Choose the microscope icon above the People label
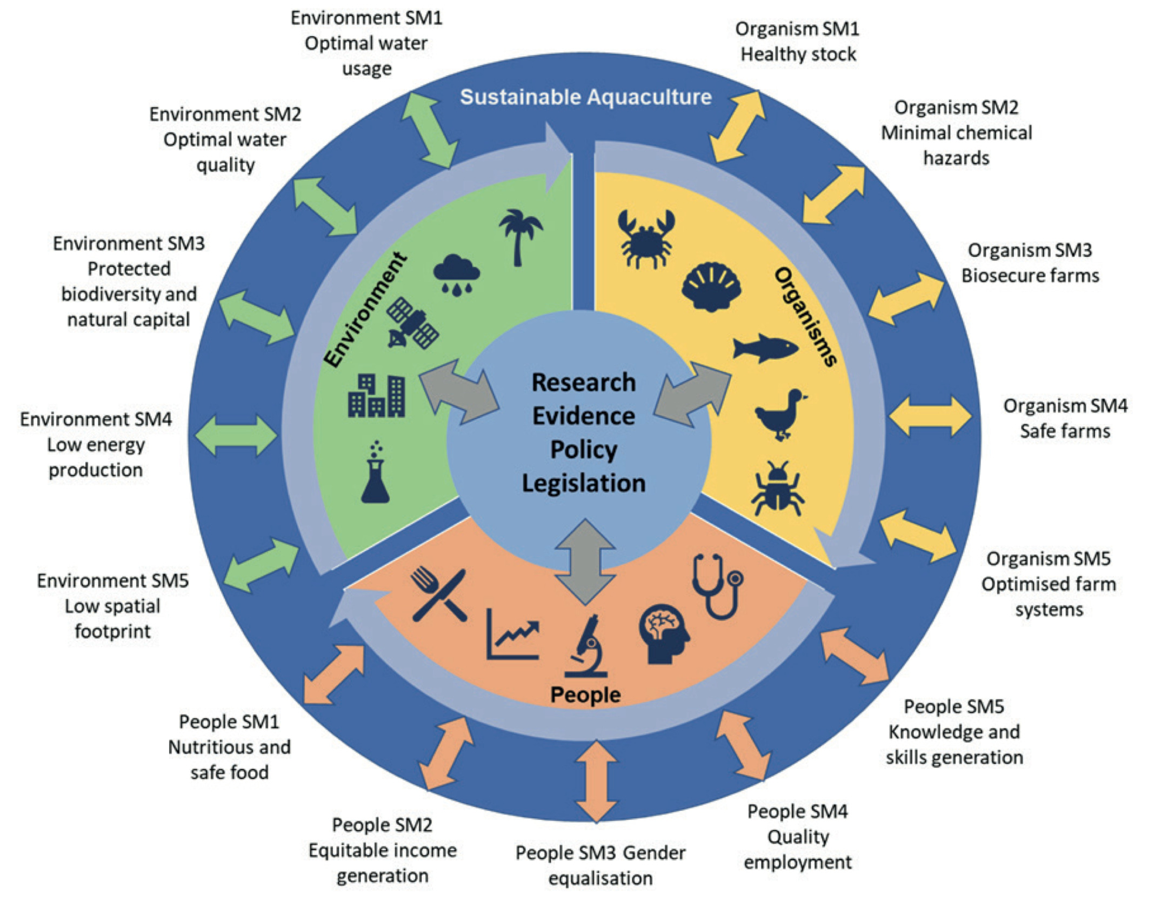coord(586,646)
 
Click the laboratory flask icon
coord(376,473)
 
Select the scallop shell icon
coord(711,287)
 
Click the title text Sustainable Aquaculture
coord(586,97)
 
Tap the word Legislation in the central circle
coord(584,483)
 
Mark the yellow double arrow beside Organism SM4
coord(930,416)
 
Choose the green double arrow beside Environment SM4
coord(236,435)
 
